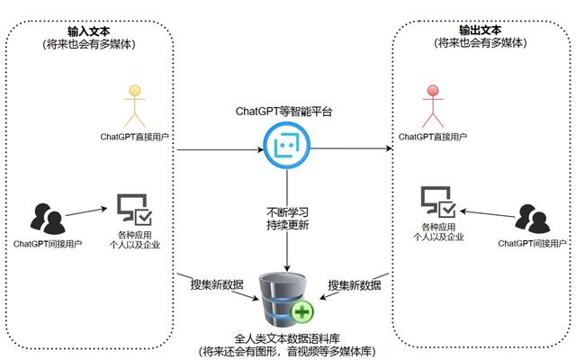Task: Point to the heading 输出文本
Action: tap(486, 30)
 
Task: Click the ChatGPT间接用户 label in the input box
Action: tap(49, 244)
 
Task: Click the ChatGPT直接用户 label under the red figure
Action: tap(436, 137)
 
